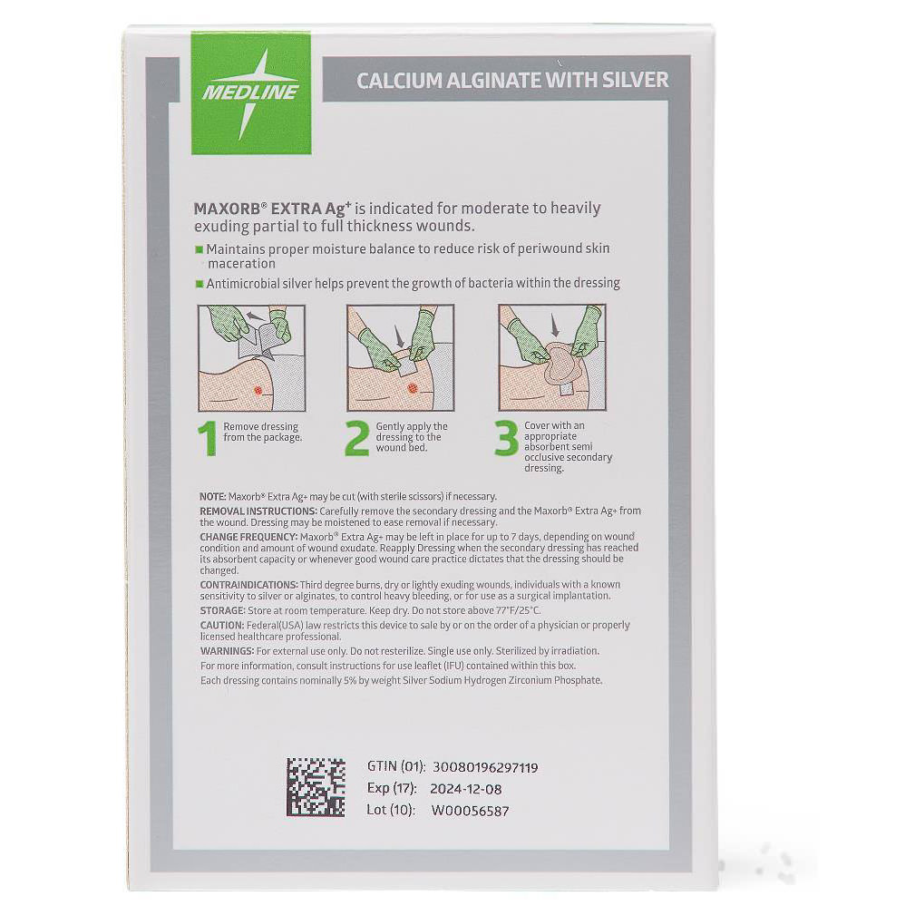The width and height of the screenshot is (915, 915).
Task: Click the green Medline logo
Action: (250, 92)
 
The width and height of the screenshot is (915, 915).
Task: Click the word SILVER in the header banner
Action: (626, 80)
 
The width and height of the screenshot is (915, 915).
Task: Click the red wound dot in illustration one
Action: (258, 391)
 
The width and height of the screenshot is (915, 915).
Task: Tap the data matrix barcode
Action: (316, 787)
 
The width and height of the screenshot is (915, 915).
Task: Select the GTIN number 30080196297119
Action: (485, 767)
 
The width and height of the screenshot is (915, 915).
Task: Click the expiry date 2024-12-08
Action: (467, 789)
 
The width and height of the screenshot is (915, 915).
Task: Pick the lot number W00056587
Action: (470, 811)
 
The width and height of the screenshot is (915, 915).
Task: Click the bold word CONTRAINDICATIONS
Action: (248, 585)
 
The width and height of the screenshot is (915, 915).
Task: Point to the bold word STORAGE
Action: (222, 611)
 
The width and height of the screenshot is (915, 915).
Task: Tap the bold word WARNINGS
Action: (227, 651)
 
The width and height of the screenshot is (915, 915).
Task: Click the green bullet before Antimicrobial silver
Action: (199, 283)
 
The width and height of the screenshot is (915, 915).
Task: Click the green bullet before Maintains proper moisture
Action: (199, 248)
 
